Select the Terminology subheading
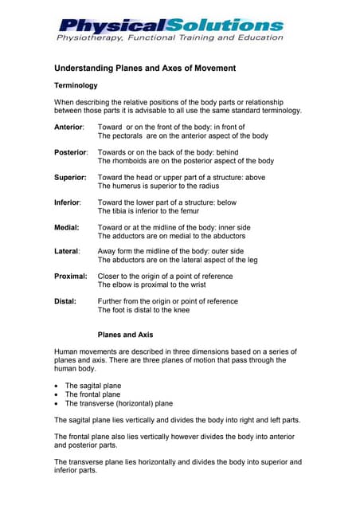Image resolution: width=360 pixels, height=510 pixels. click(x=76, y=84)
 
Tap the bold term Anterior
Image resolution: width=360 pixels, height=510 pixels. click(x=72, y=127)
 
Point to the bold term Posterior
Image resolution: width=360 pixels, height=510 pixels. click(x=73, y=151)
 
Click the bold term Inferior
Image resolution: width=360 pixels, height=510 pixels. click(x=70, y=202)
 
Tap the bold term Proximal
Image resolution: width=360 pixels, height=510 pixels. click(x=72, y=277)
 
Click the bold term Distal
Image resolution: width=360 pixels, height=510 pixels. click(x=67, y=301)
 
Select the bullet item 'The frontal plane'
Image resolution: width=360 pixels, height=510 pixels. click(x=92, y=394)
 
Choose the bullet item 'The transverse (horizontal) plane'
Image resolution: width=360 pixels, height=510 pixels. click(x=119, y=403)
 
